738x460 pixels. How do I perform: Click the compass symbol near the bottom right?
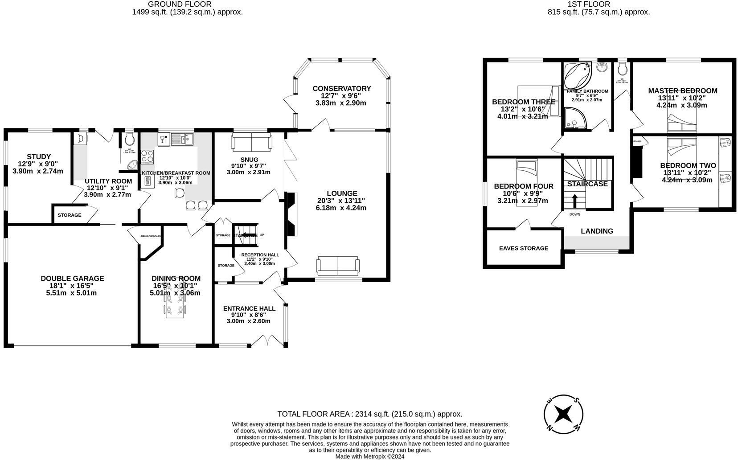[563, 415]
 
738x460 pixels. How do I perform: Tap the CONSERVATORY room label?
[341, 89]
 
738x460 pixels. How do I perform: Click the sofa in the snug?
[251, 142]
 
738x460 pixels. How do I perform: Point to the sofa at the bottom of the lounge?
[337, 266]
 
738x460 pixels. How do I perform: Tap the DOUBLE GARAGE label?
[72, 279]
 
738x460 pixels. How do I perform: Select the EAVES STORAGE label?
[523, 248]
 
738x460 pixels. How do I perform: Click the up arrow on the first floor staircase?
[574, 201]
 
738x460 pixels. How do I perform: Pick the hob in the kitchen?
[148, 156]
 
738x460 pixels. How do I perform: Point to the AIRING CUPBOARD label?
[150, 236]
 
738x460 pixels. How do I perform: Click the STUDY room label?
[39, 157]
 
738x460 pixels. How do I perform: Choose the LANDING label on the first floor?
[597, 231]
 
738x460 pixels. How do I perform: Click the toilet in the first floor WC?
[622, 69]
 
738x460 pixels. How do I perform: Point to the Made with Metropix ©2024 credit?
[369, 456]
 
